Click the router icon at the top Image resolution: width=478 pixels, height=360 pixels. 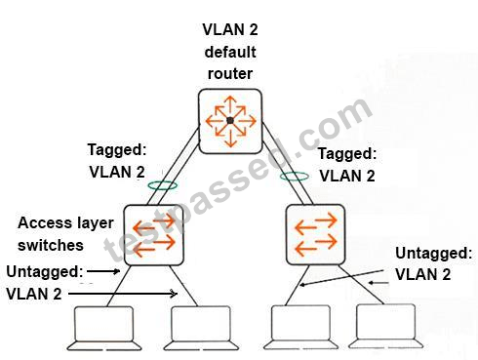(230, 121)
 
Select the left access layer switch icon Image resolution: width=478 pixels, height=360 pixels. (153, 235)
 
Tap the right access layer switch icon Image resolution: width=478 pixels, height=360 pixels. (315, 234)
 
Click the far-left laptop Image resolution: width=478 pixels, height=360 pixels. (104, 328)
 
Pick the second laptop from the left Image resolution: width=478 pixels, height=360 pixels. (201, 328)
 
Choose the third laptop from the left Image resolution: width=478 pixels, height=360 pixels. (300, 327)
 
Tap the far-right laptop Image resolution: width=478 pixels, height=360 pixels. (386, 326)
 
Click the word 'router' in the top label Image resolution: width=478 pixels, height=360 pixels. (230, 74)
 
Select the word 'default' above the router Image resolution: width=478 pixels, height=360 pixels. (230, 52)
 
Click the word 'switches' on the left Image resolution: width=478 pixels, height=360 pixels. (51, 245)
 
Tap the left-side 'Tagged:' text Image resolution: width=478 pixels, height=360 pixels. (117, 150)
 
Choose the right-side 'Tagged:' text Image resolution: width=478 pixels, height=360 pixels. (347, 154)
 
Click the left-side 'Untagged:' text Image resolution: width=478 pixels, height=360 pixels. (45, 271)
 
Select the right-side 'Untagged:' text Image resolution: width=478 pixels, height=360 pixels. (433, 254)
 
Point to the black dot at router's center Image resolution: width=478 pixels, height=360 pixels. (230, 121)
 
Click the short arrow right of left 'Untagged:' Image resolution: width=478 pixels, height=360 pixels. (103, 271)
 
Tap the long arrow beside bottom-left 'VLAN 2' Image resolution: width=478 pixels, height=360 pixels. (123, 294)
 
